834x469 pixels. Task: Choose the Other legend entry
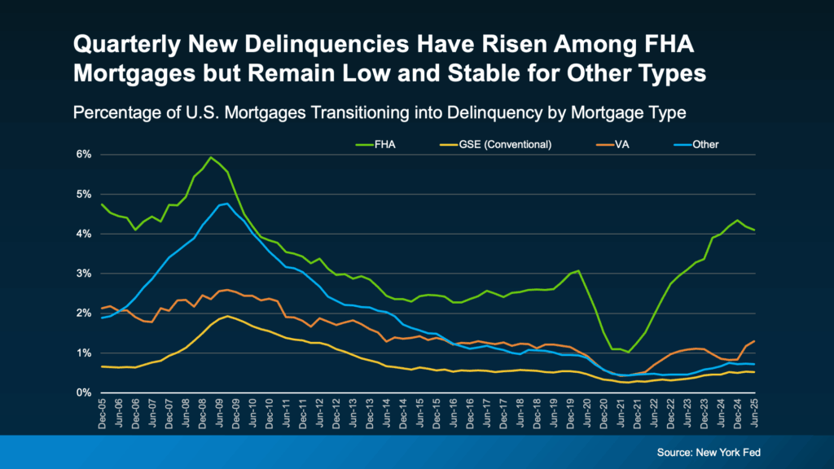click(705, 145)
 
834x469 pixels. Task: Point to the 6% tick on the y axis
click(84, 155)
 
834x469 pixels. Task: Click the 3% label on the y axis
click(84, 274)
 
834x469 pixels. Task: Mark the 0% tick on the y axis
click(84, 392)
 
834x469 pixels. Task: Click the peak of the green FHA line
click(211, 157)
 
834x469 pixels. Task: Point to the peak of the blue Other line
click(226, 204)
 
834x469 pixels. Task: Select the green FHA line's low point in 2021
click(629, 352)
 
